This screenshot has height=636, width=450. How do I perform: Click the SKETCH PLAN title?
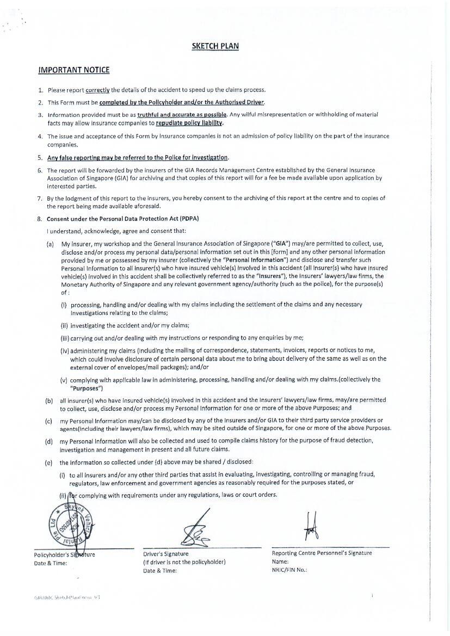(215, 46)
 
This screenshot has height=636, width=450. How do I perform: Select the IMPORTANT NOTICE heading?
(73, 70)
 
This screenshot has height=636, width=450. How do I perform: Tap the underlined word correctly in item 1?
(97, 90)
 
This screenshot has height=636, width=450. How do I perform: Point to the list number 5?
(40, 158)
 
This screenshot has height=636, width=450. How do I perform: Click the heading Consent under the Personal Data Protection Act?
(122, 219)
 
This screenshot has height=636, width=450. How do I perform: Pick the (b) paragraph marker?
(49, 400)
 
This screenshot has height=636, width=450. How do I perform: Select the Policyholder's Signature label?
(64, 554)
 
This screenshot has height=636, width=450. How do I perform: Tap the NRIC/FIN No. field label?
(289, 570)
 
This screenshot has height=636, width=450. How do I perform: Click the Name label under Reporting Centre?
(280, 561)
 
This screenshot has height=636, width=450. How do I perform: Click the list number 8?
(40, 219)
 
